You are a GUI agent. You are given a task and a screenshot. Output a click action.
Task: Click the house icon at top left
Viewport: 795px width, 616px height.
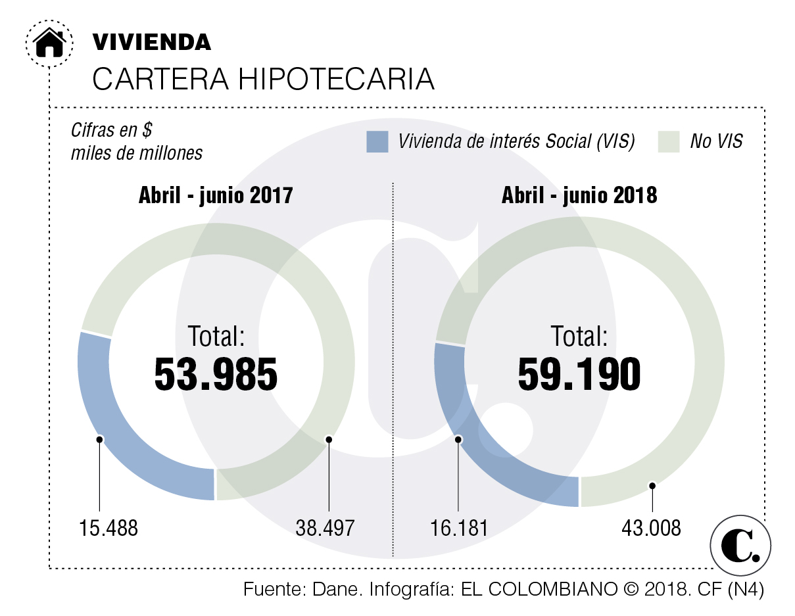49,43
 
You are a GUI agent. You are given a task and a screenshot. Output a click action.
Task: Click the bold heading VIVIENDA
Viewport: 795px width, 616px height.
152,42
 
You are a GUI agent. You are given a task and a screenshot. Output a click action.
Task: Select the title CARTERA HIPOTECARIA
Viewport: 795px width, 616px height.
263,79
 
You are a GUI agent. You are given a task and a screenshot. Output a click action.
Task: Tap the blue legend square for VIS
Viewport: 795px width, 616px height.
377,141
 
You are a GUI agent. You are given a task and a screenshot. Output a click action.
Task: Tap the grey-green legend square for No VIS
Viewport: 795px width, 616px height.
668,141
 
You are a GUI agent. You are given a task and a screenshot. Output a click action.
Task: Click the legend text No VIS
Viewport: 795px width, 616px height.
716,141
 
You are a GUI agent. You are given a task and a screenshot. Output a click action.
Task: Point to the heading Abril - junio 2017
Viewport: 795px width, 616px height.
215,195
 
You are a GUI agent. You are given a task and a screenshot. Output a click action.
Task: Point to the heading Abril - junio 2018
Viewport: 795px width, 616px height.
579,195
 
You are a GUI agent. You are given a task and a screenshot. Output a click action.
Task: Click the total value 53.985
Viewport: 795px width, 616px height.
216,375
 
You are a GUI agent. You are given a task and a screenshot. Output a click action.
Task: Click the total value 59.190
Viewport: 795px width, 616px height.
579,375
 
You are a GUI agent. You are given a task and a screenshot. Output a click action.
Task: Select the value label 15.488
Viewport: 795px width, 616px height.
109,528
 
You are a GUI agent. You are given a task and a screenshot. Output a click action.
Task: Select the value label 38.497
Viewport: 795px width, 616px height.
325,528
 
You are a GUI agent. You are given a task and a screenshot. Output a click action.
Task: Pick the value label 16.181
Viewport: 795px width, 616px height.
459,528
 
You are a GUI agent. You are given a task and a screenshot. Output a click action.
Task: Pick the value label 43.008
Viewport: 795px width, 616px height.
651,528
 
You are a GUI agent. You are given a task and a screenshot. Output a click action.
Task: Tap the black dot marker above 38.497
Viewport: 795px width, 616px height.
328,439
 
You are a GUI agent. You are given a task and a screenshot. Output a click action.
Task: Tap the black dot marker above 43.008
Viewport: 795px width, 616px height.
652,486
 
